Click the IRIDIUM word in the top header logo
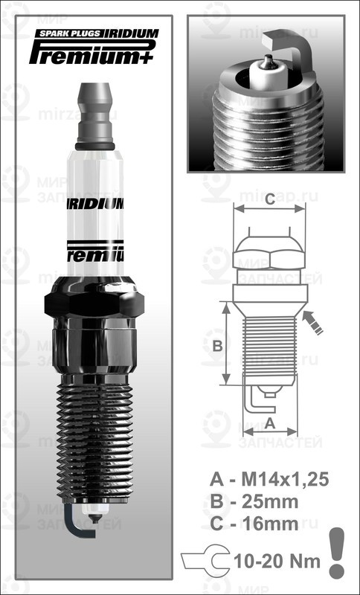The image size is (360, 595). click(130, 33)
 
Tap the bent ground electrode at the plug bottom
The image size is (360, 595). click(74, 521)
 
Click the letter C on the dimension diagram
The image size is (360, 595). click(270, 199)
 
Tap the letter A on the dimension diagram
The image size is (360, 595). click(270, 422)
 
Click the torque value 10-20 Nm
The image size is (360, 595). click(275, 561)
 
